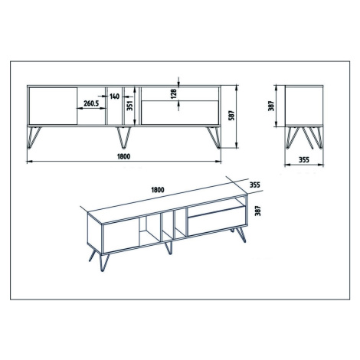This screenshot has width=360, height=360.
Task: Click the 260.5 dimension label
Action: point(91,103)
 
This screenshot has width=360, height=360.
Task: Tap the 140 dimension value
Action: point(114,97)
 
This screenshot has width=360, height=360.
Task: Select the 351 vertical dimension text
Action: point(130,105)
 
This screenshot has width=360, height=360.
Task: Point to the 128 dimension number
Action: point(173,93)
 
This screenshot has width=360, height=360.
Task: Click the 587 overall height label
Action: point(231,116)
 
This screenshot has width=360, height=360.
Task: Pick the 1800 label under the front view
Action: point(124,156)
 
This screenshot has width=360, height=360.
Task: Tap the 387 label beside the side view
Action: point(271,106)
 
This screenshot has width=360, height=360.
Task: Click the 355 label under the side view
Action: point(304,159)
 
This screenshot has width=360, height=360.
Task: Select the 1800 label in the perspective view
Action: point(158,190)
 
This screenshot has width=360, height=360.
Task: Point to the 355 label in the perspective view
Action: point(255,185)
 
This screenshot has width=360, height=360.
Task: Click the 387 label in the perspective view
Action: point(258,211)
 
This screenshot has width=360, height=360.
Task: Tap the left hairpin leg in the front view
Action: point(34,138)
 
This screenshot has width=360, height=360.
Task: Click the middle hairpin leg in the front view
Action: point(124,138)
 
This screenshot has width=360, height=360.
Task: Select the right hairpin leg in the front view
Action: point(214,138)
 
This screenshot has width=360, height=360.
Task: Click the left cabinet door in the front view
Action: point(53,106)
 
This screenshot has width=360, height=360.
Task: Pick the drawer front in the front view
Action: point(180,113)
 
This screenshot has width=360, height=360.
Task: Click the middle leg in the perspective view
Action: point(169,247)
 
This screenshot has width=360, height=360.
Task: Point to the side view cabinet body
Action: point(304,106)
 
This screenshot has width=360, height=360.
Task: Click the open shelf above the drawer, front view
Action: point(180,94)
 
